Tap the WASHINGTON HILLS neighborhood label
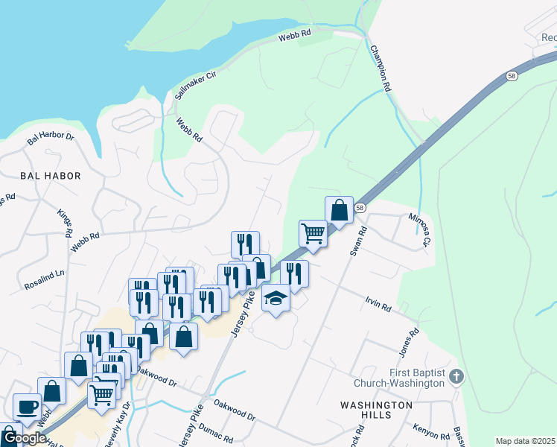coord(376,411)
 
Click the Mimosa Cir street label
coord(418,230)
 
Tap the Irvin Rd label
coord(378,303)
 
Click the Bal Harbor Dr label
coord(51,138)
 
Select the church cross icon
coord(457,377)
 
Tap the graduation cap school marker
coord(276,298)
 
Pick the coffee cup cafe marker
coord(28,407)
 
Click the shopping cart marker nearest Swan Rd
coord(313,234)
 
